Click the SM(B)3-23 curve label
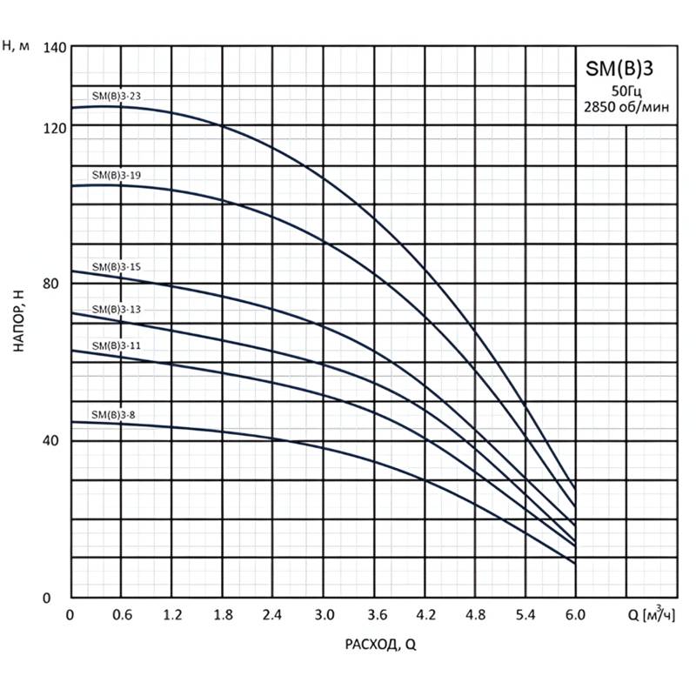click(117, 96)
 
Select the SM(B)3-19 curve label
click(117, 175)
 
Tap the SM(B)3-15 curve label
click(117, 267)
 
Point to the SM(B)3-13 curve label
click(117, 309)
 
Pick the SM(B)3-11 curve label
click(117, 345)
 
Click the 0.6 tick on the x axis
click(122, 615)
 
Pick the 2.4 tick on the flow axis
click(274, 615)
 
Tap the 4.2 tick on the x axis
click(425, 615)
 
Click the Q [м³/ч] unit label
click(651, 615)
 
